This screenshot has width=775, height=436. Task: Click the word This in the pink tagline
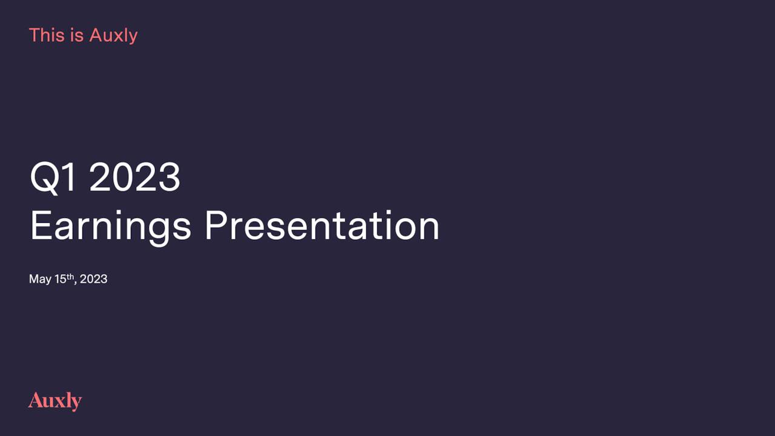pyautogui.click(x=47, y=35)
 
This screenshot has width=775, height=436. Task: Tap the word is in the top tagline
pyautogui.click(x=79, y=35)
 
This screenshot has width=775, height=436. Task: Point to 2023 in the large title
pyautogui.click(x=135, y=177)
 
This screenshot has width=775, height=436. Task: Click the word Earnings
pyautogui.click(x=111, y=227)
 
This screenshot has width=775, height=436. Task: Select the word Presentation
pyautogui.click(x=322, y=225)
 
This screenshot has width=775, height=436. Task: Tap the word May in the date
pyautogui.click(x=40, y=280)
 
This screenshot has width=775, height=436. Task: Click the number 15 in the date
pyautogui.click(x=61, y=279)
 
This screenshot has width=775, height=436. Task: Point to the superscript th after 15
pyautogui.click(x=70, y=277)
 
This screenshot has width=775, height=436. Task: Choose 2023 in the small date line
pyautogui.click(x=93, y=279)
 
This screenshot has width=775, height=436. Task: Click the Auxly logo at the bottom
pyautogui.click(x=55, y=401)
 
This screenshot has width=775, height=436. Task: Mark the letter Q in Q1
pyautogui.click(x=44, y=178)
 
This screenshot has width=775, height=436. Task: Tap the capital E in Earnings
pyautogui.click(x=40, y=225)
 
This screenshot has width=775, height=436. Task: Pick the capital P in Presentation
pyautogui.click(x=214, y=225)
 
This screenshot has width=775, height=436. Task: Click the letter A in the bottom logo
pyautogui.click(x=36, y=400)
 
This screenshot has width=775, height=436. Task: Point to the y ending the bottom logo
pyautogui.click(x=76, y=403)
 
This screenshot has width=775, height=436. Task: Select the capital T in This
pyautogui.click(x=36, y=35)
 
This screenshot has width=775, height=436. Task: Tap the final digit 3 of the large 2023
pyautogui.click(x=169, y=177)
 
